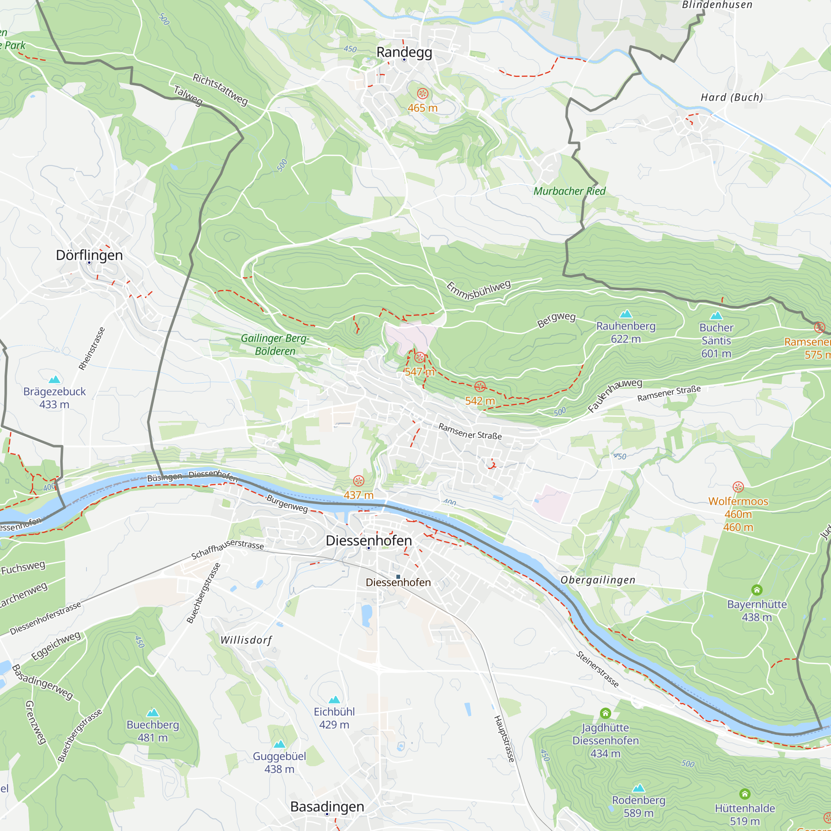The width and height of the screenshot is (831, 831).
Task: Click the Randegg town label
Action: coord(404,52)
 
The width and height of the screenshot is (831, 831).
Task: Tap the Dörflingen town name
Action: coord(89,255)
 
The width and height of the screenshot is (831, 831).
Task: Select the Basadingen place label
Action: coord(327,806)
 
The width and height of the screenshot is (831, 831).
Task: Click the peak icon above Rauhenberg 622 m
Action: coord(626,314)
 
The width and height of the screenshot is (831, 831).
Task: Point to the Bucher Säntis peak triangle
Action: coord(716,316)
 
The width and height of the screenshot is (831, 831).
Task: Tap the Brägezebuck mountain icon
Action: coord(54,379)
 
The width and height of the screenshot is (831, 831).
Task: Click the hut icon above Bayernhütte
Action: coord(757,590)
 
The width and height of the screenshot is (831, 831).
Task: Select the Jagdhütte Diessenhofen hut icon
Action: coord(605,713)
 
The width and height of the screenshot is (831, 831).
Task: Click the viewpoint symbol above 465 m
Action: coord(423,93)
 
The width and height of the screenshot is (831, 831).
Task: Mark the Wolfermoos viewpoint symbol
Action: coord(738,487)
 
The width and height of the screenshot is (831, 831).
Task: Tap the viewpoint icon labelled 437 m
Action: coord(358,481)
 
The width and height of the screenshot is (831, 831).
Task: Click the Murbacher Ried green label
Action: coord(569,191)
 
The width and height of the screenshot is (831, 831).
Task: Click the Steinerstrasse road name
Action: coord(597,669)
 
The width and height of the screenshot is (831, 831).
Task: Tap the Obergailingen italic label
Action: coord(597,580)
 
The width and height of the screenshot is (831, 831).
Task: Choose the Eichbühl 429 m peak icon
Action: coord(334,700)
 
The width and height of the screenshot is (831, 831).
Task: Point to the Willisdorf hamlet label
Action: coord(246,640)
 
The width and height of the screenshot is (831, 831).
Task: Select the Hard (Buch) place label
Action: coord(732,97)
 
